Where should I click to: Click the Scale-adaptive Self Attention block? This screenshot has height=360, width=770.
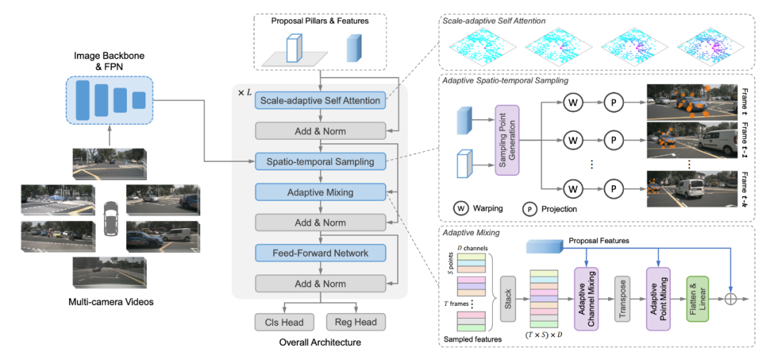[x=320, y=101]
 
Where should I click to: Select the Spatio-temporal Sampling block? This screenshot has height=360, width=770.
[x=320, y=160]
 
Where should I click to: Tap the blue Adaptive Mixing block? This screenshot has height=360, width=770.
[x=320, y=192]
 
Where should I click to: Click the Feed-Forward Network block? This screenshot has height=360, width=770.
[x=320, y=253]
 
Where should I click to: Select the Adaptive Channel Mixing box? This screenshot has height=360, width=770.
[x=586, y=294]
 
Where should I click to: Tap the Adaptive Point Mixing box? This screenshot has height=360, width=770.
[x=659, y=294]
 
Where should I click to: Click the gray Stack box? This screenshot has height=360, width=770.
[x=508, y=298]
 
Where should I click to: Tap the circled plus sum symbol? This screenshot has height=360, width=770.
[x=731, y=299]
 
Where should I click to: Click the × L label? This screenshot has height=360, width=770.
[x=245, y=93]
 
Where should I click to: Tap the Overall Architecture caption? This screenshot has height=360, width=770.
[x=320, y=342]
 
